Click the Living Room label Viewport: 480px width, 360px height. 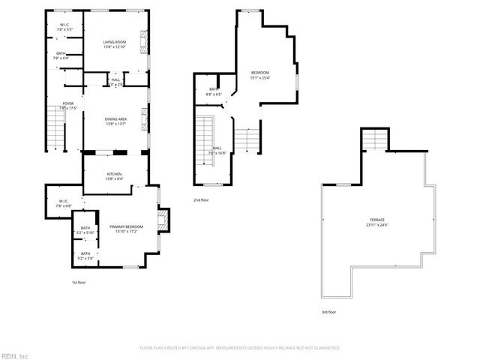114,44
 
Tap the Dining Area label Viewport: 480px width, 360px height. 114,121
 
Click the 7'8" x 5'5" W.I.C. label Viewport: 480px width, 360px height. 65,28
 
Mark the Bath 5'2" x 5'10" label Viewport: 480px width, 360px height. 85,230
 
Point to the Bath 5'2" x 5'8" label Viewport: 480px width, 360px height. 85,256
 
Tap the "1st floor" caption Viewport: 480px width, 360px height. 79,282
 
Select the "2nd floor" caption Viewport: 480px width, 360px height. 202,200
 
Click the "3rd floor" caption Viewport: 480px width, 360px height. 328,311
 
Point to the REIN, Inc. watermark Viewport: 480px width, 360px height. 14,355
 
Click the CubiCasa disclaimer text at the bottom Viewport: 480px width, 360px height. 239,348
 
